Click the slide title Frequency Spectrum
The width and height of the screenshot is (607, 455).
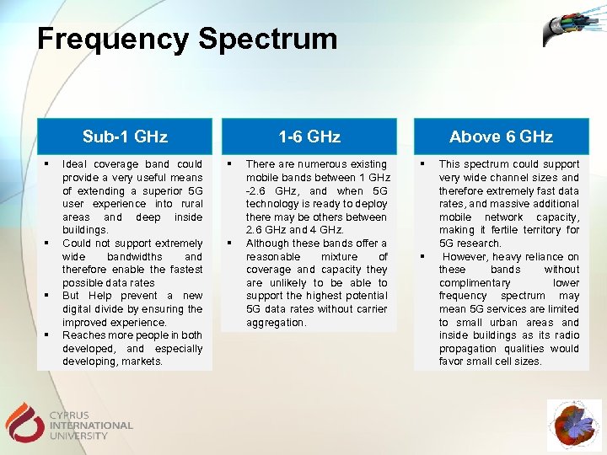point(186,39)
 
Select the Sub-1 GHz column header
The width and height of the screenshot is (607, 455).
point(125,136)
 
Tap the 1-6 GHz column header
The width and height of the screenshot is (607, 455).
point(310,136)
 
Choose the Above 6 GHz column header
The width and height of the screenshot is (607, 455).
point(501,136)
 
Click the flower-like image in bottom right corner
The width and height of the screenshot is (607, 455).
point(574,426)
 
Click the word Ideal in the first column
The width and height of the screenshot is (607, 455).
point(76,164)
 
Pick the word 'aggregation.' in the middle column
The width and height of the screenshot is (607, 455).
point(276,323)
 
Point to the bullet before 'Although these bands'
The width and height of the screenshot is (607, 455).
point(230,244)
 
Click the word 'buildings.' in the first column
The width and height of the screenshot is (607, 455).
point(85,230)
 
